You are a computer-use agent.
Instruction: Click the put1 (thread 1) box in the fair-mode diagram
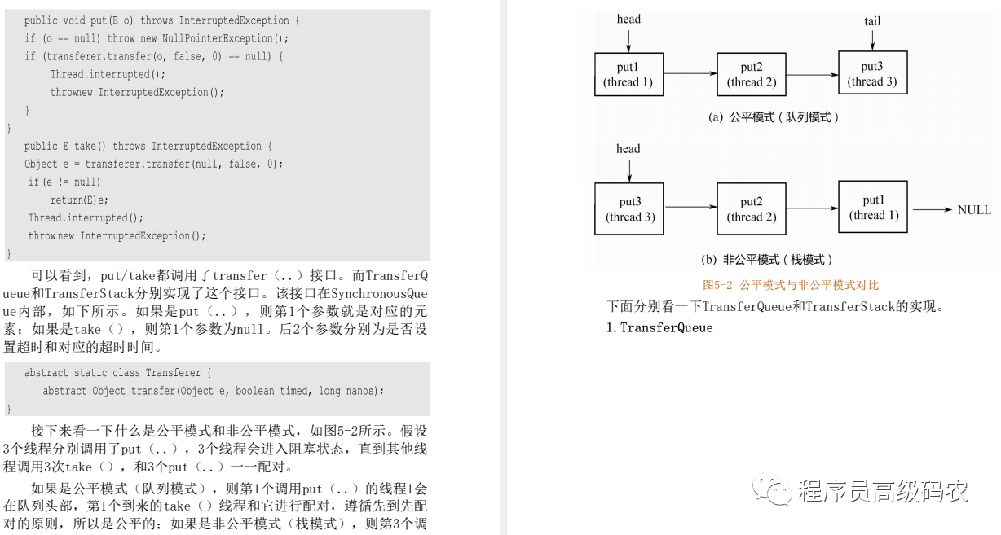point(628,73)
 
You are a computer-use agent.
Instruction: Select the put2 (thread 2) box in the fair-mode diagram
point(752,73)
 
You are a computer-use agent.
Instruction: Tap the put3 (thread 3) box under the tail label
point(872,73)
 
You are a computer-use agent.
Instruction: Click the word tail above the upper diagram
point(872,21)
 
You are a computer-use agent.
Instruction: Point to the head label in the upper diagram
point(628,20)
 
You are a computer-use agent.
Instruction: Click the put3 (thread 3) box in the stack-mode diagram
point(629,209)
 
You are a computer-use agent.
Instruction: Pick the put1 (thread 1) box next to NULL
point(873,208)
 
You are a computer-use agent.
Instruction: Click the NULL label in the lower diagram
point(974,210)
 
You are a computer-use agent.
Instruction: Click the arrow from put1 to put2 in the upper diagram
point(690,74)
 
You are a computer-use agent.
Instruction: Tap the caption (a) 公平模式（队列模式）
point(774,117)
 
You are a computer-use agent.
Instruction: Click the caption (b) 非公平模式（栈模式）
point(767,260)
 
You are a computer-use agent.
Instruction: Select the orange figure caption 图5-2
point(790,285)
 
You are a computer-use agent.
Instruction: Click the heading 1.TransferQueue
point(659,328)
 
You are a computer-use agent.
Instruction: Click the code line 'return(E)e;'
point(79,200)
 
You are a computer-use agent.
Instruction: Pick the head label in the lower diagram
point(628,149)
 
